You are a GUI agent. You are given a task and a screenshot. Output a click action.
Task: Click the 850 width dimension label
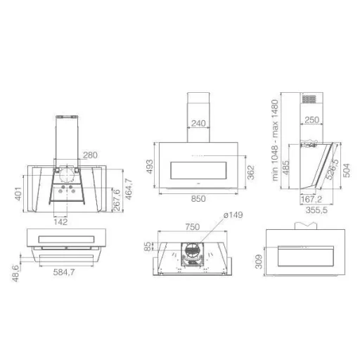tap(198, 199)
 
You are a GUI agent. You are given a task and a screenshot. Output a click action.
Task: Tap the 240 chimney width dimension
tap(198, 123)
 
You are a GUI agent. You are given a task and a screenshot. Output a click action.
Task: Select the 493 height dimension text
tap(150, 167)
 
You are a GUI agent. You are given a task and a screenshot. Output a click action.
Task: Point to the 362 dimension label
tap(251, 172)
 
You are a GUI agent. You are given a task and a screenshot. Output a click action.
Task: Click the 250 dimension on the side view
tap(312, 120)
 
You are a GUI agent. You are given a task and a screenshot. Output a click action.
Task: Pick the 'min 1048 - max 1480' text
tap(275, 141)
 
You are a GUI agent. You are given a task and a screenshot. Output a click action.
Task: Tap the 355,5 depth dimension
tap(316, 210)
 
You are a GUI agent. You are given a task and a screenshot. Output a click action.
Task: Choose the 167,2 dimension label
tap(311, 200)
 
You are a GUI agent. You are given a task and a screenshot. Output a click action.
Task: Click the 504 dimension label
tap(347, 170)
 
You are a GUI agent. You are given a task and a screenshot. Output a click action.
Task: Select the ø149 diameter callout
tap(233, 215)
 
